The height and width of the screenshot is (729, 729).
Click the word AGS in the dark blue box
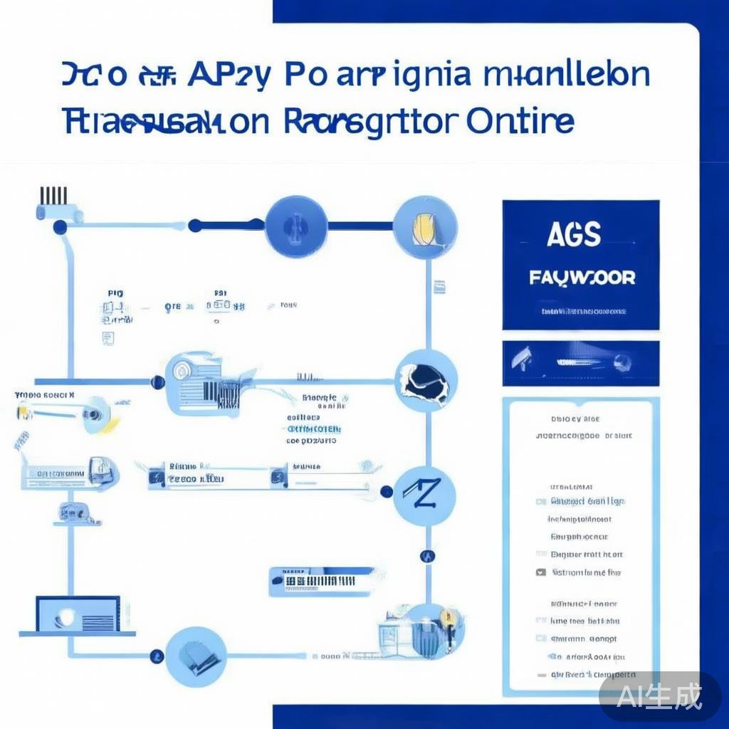tap(574, 235)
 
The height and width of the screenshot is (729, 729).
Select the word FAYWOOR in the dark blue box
tap(582, 277)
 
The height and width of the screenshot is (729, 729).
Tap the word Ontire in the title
tap(521, 121)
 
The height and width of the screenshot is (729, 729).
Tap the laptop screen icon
tap(77, 614)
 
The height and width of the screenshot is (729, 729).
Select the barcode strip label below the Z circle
tap(322, 581)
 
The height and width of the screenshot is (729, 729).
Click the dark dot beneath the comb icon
tap(61, 227)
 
